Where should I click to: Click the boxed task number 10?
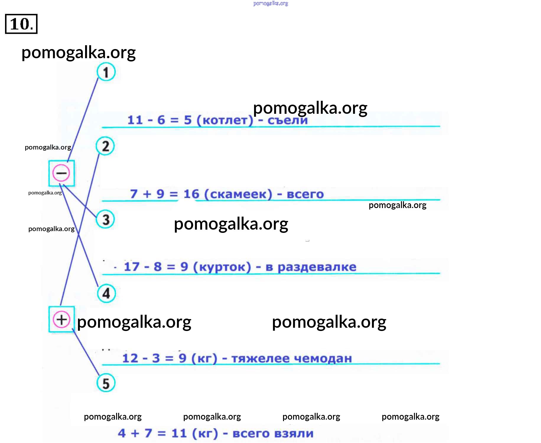[x=21, y=24]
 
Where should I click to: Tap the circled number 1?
[x=106, y=72]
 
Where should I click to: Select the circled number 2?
[x=105, y=146]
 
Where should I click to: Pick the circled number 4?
[x=106, y=293]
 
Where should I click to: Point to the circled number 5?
[x=106, y=383]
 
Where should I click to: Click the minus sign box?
[x=61, y=173]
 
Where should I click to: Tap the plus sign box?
[x=61, y=319]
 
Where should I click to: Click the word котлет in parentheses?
[x=225, y=120]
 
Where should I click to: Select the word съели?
[x=287, y=120]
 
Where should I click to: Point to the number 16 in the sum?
[x=191, y=194]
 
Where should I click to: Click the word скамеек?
[x=238, y=194]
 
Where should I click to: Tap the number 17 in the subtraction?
[x=131, y=267]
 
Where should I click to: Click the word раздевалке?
[x=317, y=267]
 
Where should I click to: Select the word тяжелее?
[x=260, y=358]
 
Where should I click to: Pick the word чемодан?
[x=323, y=358]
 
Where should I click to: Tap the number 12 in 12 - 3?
[x=130, y=358]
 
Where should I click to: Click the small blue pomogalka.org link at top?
[x=271, y=3]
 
